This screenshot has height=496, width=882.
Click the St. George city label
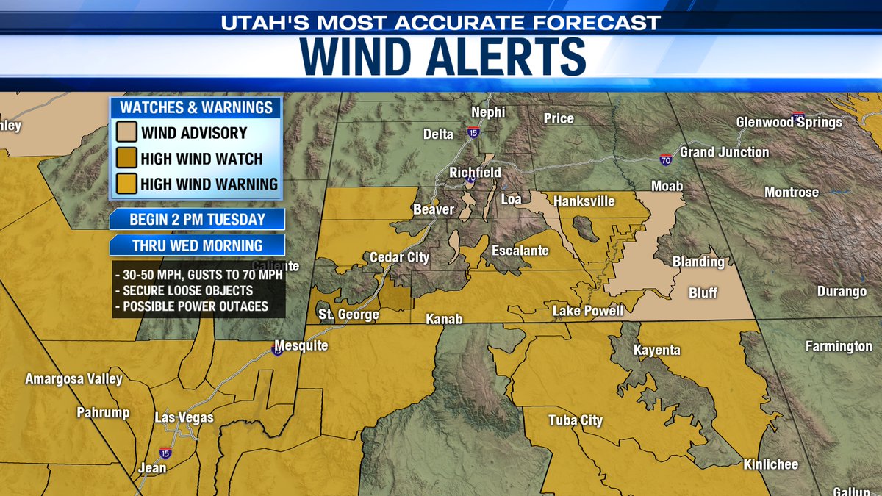(x=348, y=315)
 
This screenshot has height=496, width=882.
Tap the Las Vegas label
(x=184, y=418)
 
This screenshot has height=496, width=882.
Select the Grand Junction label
(x=724, y=152)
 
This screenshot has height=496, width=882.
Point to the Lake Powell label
(x=588, y=312)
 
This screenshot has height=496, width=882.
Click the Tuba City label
(x=576, y=421)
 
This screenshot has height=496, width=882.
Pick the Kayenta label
(x=657, y=351)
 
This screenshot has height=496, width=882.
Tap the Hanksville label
(x=584, y=201)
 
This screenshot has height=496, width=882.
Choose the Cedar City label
(x=399, y=258)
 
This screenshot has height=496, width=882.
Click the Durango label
(x=842, y=292)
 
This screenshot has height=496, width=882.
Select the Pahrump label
(x=103, y=413)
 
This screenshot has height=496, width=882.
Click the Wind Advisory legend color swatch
(x=126, y=134)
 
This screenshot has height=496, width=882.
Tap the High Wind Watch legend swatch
(x=126, y=159)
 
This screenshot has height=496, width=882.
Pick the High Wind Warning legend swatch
(x=126, y=184)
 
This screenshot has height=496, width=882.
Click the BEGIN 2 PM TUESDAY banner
(x=197, y=219)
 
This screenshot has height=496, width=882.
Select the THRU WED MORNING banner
(x=197, y=245)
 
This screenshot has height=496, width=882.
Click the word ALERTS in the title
(x=506, y=56)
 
